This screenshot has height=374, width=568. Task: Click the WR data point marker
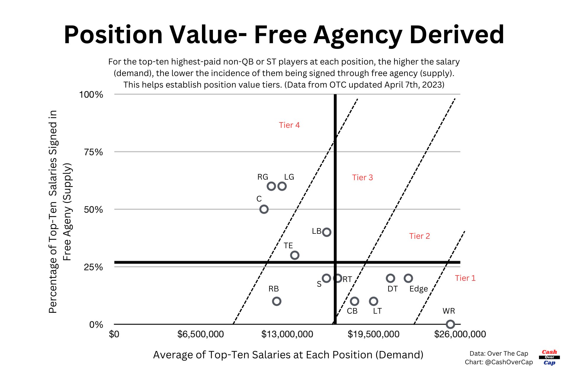[450, 324]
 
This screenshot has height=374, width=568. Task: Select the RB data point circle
[277, 301]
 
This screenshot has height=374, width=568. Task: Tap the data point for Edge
[408, 278]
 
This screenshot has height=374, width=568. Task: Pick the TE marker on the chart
[295, 255]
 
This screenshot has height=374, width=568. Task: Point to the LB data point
[327, 232]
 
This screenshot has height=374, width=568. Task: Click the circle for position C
[264, 209]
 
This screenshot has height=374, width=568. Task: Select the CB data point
[354, 301]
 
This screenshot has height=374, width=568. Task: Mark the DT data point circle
[391, 278]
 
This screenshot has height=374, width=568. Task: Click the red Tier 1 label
[465, 278]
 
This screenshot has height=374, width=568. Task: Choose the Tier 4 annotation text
[289, 125]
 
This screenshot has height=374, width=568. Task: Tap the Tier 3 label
[362, 178]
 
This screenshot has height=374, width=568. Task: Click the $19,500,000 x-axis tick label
[373, 334]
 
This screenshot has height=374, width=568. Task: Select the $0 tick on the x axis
[114, 334]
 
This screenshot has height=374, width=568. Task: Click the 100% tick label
[91, 95]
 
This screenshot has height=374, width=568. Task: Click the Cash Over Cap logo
[549, 357]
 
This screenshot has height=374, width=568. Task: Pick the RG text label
[263, 177]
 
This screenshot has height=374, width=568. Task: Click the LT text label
[377, 311]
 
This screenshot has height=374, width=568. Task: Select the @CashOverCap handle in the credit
[509, 362]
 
